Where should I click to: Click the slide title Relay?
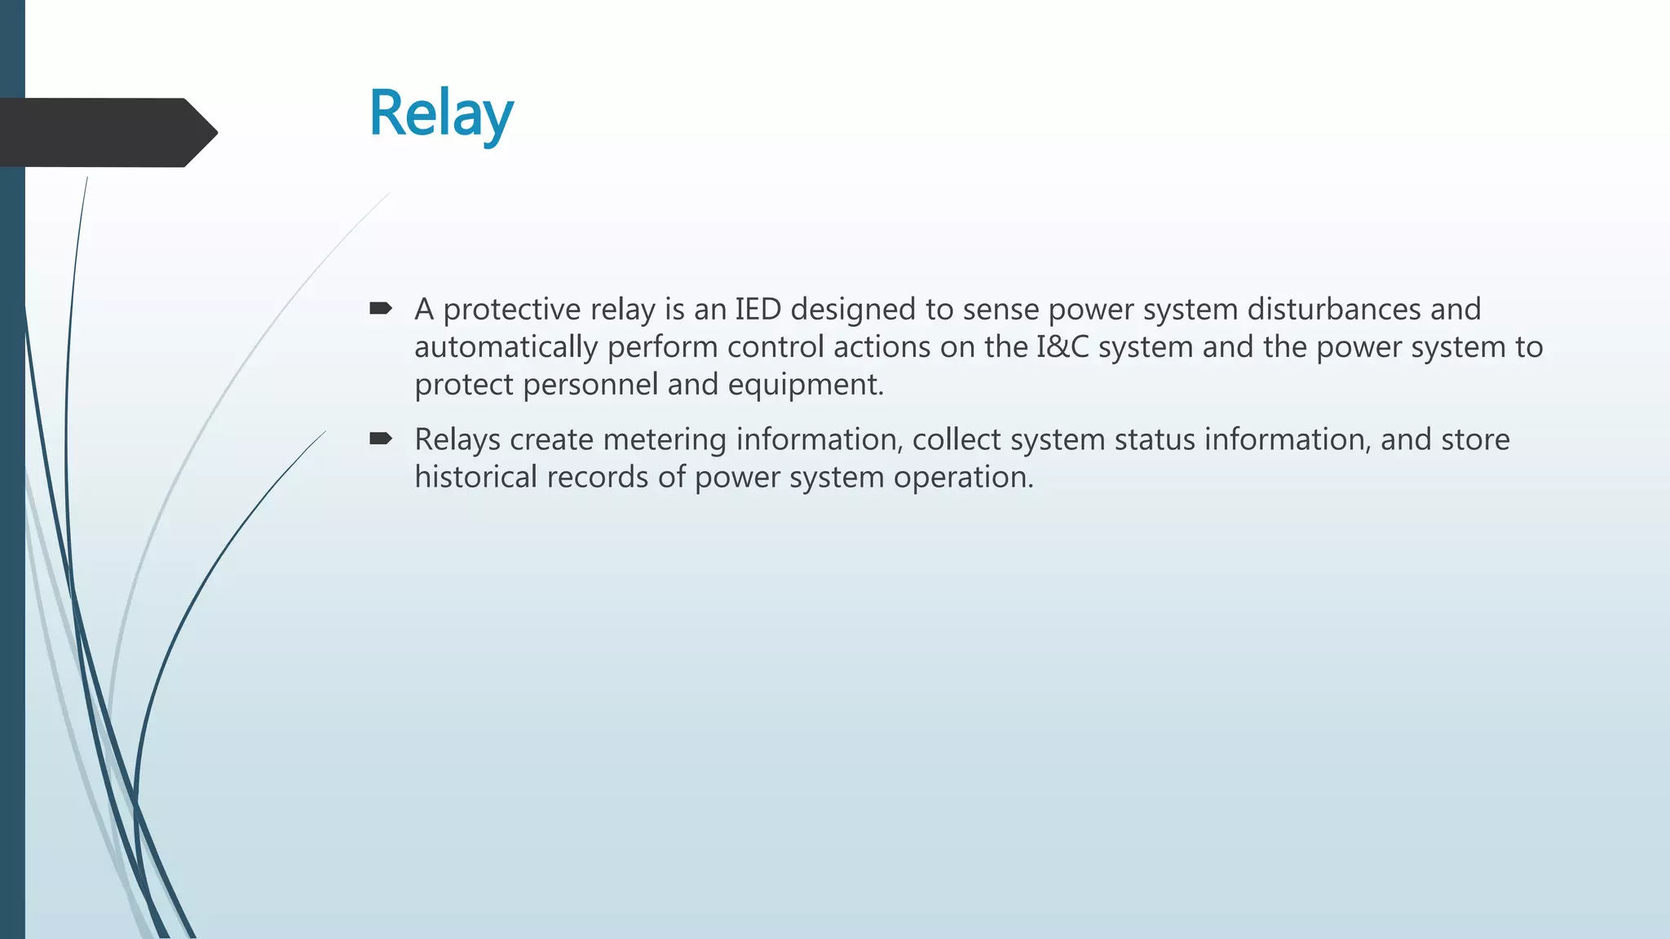click(x=441, y=114)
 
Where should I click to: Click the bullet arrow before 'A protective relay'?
click(x=381, y=308)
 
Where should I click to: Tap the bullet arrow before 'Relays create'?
click(x=381, y=439)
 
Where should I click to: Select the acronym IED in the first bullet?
click(x=758, y=310)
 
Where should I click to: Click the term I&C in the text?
click(x=1063, y=347)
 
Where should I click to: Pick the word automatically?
click(x=506, y=348)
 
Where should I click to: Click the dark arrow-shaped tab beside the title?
click(x=98, y=132)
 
